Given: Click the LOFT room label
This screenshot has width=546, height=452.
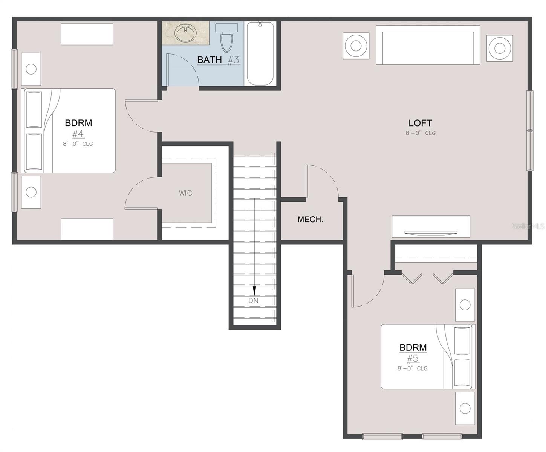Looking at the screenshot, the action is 420,123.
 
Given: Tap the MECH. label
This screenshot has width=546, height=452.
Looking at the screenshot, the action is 310,219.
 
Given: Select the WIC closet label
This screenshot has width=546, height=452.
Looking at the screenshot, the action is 185,193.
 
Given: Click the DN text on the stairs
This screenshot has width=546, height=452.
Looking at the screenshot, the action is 253,301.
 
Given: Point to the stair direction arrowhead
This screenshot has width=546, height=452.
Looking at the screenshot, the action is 254,291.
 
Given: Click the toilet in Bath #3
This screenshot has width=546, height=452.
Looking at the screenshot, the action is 226,38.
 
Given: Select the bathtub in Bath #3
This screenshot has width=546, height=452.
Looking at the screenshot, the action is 260,53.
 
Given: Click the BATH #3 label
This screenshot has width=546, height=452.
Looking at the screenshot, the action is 218,60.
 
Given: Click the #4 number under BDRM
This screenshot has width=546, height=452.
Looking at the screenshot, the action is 78,134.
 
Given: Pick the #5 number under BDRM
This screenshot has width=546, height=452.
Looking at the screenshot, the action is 413,359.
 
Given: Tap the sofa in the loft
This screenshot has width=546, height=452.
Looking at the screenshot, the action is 428,45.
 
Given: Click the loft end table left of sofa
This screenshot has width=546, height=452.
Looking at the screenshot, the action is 356,46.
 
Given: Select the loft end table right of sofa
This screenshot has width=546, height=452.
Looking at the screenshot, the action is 500,48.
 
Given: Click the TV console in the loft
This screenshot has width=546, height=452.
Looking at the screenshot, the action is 431,227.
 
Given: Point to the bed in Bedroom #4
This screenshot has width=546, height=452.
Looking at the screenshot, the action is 68,131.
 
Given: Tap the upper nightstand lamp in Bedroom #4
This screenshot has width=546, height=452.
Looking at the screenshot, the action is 31,69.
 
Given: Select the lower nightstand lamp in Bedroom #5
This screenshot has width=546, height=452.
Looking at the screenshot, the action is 465,408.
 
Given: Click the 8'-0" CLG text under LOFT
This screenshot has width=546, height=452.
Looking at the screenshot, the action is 421,133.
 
